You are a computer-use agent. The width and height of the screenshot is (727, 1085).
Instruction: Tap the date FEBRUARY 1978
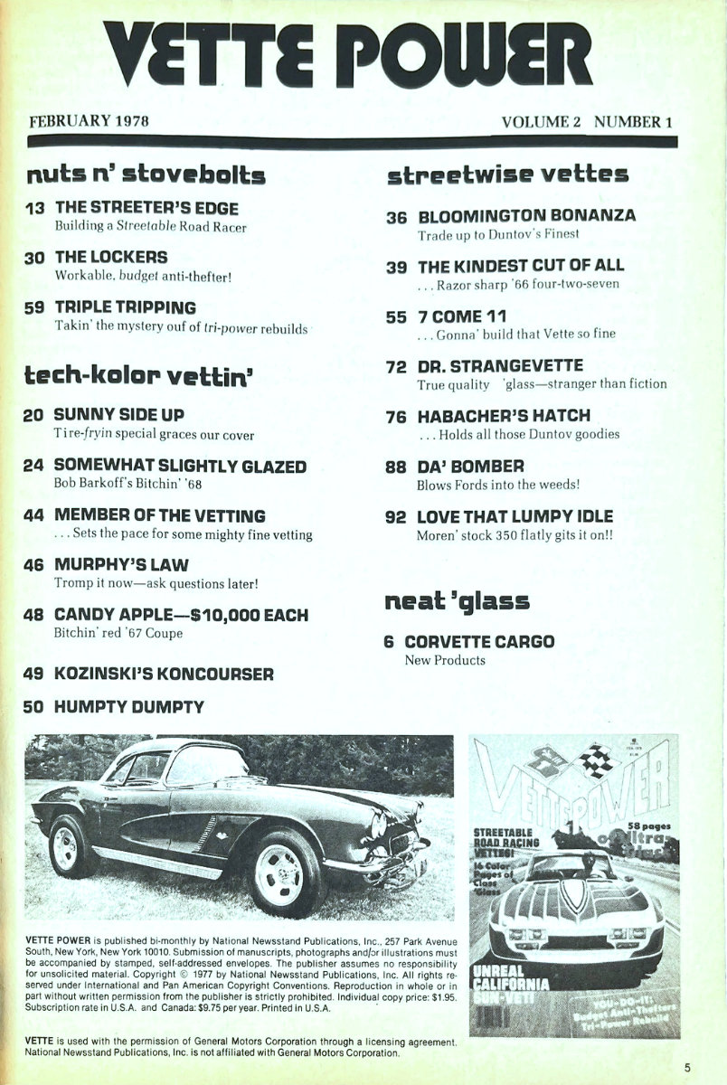[x=89, y=121]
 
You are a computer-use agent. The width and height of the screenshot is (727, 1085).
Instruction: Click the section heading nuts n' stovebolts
[x=146, y=173]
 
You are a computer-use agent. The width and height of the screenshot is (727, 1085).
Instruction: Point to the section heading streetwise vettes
[x=507, y=174]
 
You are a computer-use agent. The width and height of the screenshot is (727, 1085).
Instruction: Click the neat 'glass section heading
[x=457, y=601]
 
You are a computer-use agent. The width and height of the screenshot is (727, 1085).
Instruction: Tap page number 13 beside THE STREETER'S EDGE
[x=36, y=208]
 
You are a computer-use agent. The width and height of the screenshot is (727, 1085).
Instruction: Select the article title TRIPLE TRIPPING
[x=125, y=307]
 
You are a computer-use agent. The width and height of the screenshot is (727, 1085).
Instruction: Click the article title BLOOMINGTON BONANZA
[x=526, y=216]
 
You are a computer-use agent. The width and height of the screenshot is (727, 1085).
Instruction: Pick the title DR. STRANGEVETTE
[x=500, y=366]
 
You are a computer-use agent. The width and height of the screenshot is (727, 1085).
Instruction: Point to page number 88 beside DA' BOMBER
[x=396, y=466]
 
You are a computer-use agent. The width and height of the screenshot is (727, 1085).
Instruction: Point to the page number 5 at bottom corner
[x=687, y=1067]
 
